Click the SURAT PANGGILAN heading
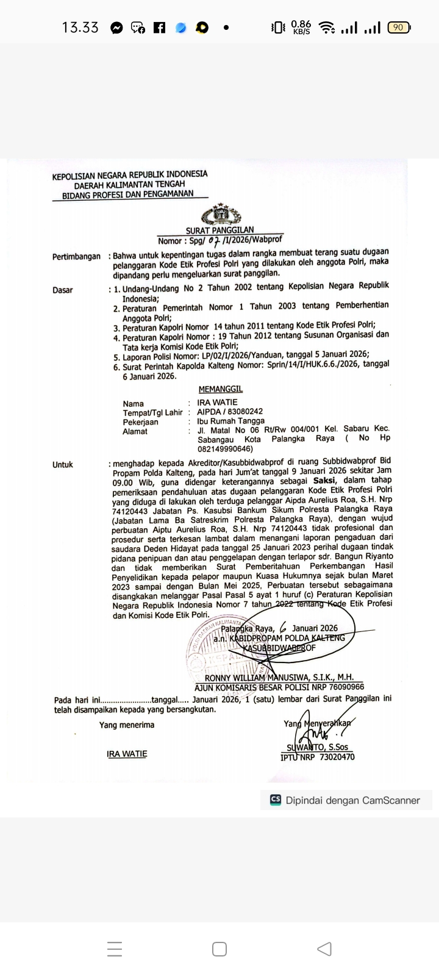point(220,231)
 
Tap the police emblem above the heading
point(221,215)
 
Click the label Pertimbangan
point(76,257)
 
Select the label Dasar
point(62,290)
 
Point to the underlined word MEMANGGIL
point(220,389)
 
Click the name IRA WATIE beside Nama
point(217,403)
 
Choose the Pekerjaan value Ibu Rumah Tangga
point(231,421)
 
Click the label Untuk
point(62,465)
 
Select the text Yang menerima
point(127,725)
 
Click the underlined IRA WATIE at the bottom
point(127,754)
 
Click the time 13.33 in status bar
point(80,27)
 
